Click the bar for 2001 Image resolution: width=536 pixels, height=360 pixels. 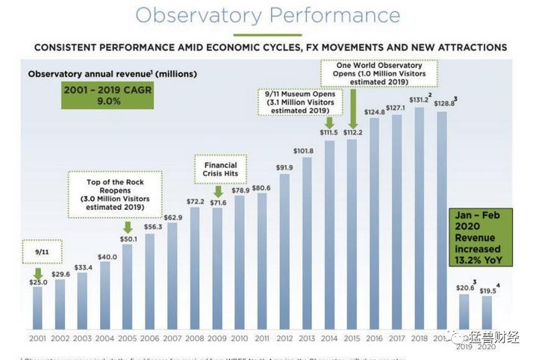37,307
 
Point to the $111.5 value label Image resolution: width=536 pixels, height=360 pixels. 328,132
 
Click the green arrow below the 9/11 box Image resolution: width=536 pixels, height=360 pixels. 37,273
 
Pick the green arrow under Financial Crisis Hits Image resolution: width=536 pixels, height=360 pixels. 217,191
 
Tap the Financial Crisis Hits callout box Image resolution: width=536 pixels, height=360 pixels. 220,170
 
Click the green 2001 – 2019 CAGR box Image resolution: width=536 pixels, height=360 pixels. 108,96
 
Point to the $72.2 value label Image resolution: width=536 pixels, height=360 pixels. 194,202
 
